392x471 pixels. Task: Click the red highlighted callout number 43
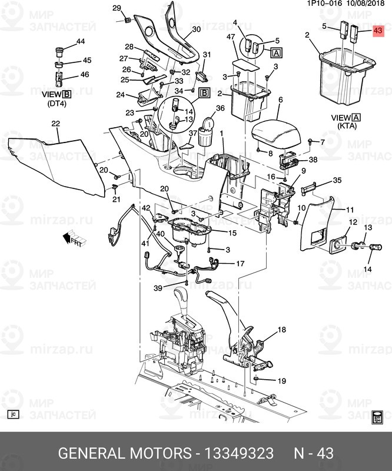[378, 31]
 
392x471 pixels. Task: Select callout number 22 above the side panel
[56, 124]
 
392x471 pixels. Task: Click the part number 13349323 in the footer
[238, 453]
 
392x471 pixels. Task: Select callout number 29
[116, 8]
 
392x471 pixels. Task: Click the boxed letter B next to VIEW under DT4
[67, 94]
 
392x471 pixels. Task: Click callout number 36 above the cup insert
[220, 108]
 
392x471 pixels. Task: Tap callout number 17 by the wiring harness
[240, 263]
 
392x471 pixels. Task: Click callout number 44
[81, 41]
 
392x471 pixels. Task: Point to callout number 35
[337, 181]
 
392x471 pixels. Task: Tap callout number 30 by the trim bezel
[196, 29]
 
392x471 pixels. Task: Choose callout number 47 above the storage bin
[231, 37]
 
